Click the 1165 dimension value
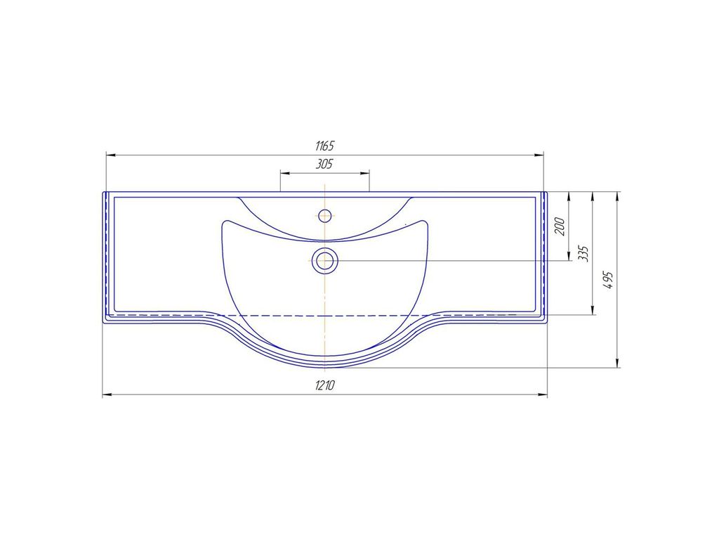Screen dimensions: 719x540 point(324,146)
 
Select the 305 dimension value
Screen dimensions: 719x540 point(324,164)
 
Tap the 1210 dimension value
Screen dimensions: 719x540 point(324,385)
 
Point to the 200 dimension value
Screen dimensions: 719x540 point(560,226)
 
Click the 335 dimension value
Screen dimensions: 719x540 point(583,253)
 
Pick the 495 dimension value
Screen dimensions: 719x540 point(608,280)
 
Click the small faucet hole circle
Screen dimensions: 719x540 point(324,215)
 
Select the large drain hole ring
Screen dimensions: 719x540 point(324,261)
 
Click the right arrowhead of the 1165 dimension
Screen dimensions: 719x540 point(538,155)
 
